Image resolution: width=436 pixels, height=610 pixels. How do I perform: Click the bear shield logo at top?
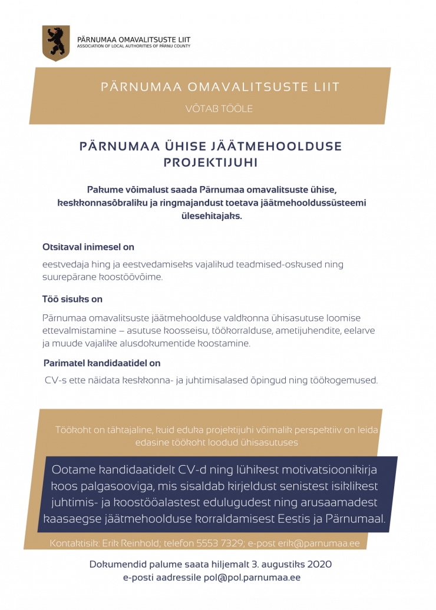point(56,42)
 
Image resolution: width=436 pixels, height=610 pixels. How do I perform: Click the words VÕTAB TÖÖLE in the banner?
point(219,108)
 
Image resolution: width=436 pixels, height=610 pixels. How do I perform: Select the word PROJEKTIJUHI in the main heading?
point(210,162)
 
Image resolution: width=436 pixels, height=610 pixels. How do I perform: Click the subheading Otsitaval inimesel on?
point(88,247)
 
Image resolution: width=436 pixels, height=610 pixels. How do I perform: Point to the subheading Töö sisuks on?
point(72,300)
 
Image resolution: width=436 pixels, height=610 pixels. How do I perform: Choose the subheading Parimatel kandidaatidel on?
point(102,363)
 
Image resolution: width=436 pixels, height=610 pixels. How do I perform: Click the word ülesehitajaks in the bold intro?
point(211,216)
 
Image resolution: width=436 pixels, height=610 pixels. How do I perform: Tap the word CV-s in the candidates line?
point(55,380)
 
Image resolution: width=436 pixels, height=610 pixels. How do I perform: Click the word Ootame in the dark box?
point(73,470)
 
